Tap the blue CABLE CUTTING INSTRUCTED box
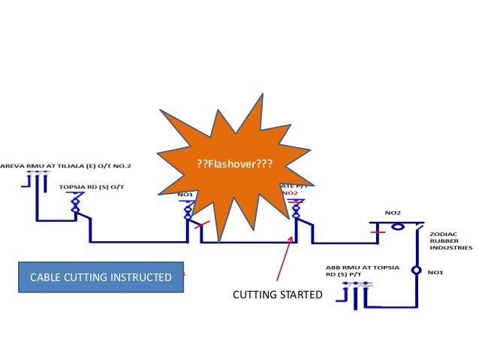pyautogui.click(x=100, y=277)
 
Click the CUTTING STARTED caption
pyautogui.click(x=277, y=294)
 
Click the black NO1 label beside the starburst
pyautogui.click(x=185, y=194)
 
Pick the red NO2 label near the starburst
pyautogui.click(x=291, y=193)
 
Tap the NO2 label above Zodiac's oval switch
pyautogui.click(x=392, y=213)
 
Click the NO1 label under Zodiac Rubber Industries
pyautogui.click(x=434, y=271)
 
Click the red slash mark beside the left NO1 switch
pyautogui.click(x=198, y=225)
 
